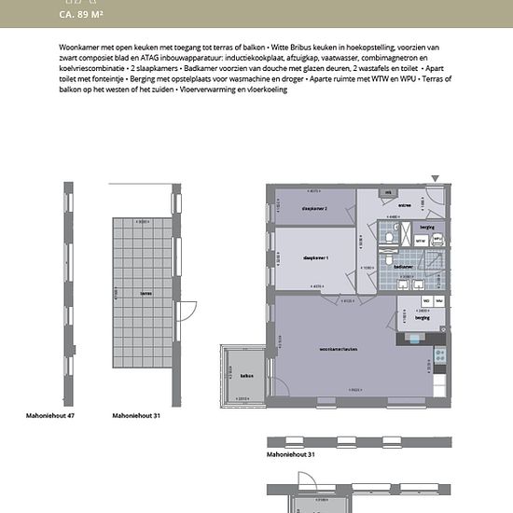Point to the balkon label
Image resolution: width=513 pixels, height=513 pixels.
[x=246, y=376]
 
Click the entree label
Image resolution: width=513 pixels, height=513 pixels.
[x=405, y=204]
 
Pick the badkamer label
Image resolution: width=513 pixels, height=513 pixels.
[x=404, y=266]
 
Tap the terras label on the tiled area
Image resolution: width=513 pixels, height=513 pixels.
[x=145, y=293]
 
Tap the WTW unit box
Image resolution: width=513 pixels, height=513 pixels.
[x=421, y=240]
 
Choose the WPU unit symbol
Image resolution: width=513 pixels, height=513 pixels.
[x=437, y=240]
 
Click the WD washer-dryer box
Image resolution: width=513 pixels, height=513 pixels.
[x=427, y=300]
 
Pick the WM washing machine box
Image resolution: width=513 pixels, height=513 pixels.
[x=439, y=300]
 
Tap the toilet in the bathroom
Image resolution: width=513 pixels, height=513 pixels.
[x=387, y=239]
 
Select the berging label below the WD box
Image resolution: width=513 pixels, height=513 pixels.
[x=423, y=318]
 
